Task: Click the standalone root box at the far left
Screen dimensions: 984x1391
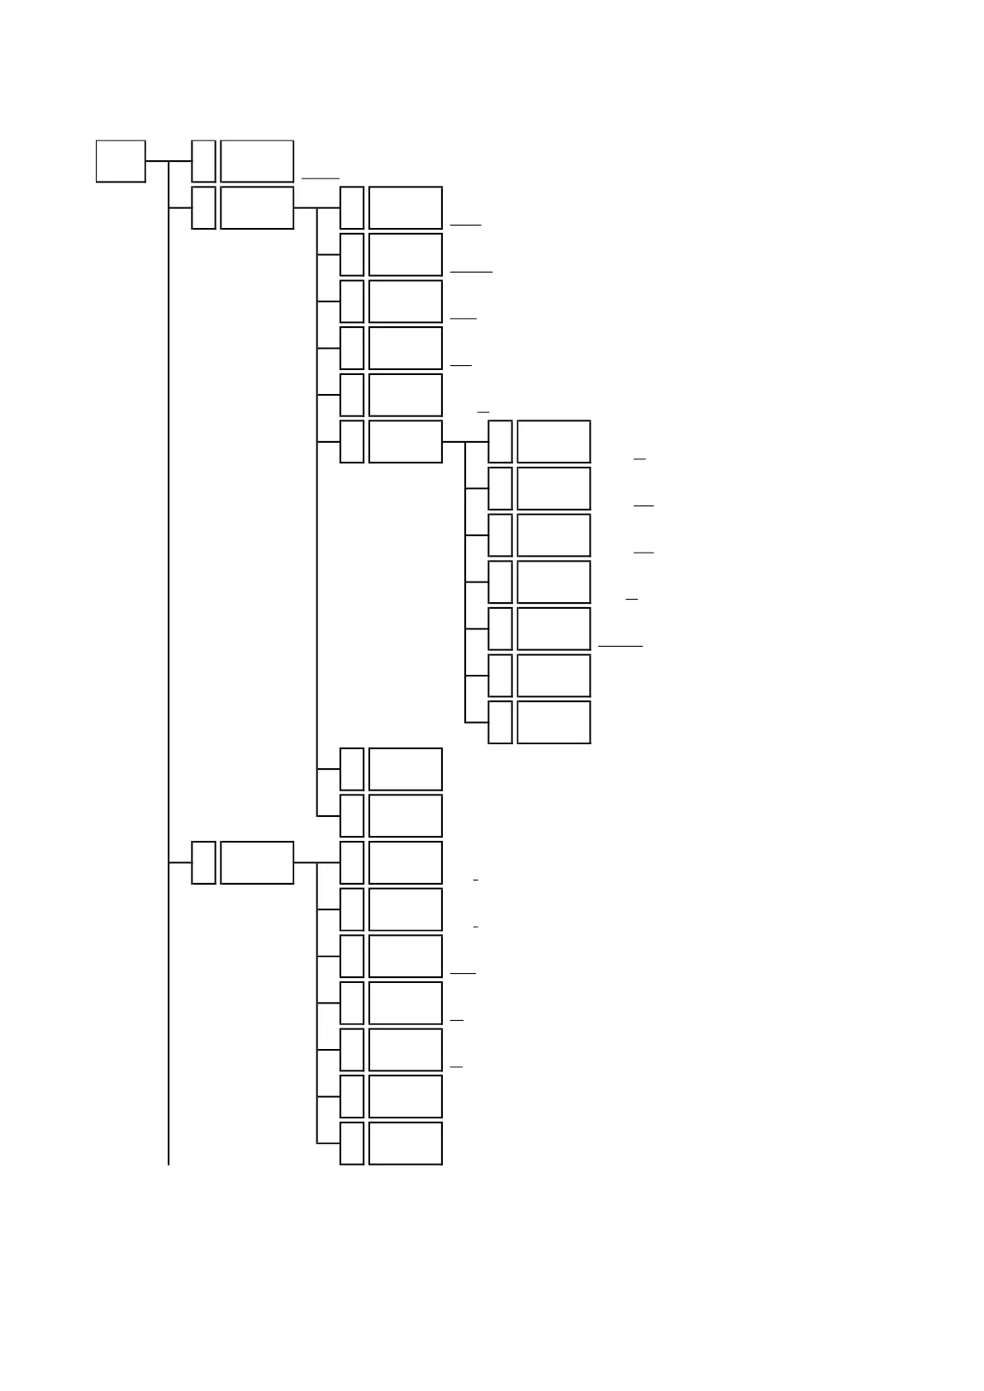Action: [121, 161]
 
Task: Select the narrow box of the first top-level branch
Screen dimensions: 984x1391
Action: [203, 161]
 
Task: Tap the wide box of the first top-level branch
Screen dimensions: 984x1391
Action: [257, 161]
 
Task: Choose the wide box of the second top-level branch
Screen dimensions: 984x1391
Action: [257, 207]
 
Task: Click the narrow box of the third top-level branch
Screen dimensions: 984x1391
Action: [203, 862]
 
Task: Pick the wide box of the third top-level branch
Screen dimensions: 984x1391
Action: [257, 862]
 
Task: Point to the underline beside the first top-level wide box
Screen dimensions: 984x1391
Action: [321, 178]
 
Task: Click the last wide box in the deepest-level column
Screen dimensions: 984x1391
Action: [554, 722]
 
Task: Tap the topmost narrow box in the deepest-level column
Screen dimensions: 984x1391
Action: [500, 441]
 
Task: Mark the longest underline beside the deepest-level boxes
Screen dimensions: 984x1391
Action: [620, 645]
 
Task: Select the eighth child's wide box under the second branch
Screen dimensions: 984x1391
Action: [406, 815]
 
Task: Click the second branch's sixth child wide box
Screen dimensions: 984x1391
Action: [406, 441]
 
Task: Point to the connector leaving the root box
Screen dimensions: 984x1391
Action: [157, 161]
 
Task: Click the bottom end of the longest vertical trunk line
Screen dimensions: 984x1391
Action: [169, 1163]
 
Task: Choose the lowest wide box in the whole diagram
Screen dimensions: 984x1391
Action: [406, 1143]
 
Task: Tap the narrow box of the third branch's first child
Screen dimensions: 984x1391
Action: [352, 862]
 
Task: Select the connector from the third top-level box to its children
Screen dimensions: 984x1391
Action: [306, 862]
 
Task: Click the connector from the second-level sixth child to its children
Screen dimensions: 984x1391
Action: [454, 441]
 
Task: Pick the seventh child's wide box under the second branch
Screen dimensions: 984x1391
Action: [406, 769]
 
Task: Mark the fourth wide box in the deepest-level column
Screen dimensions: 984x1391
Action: [554, 582]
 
